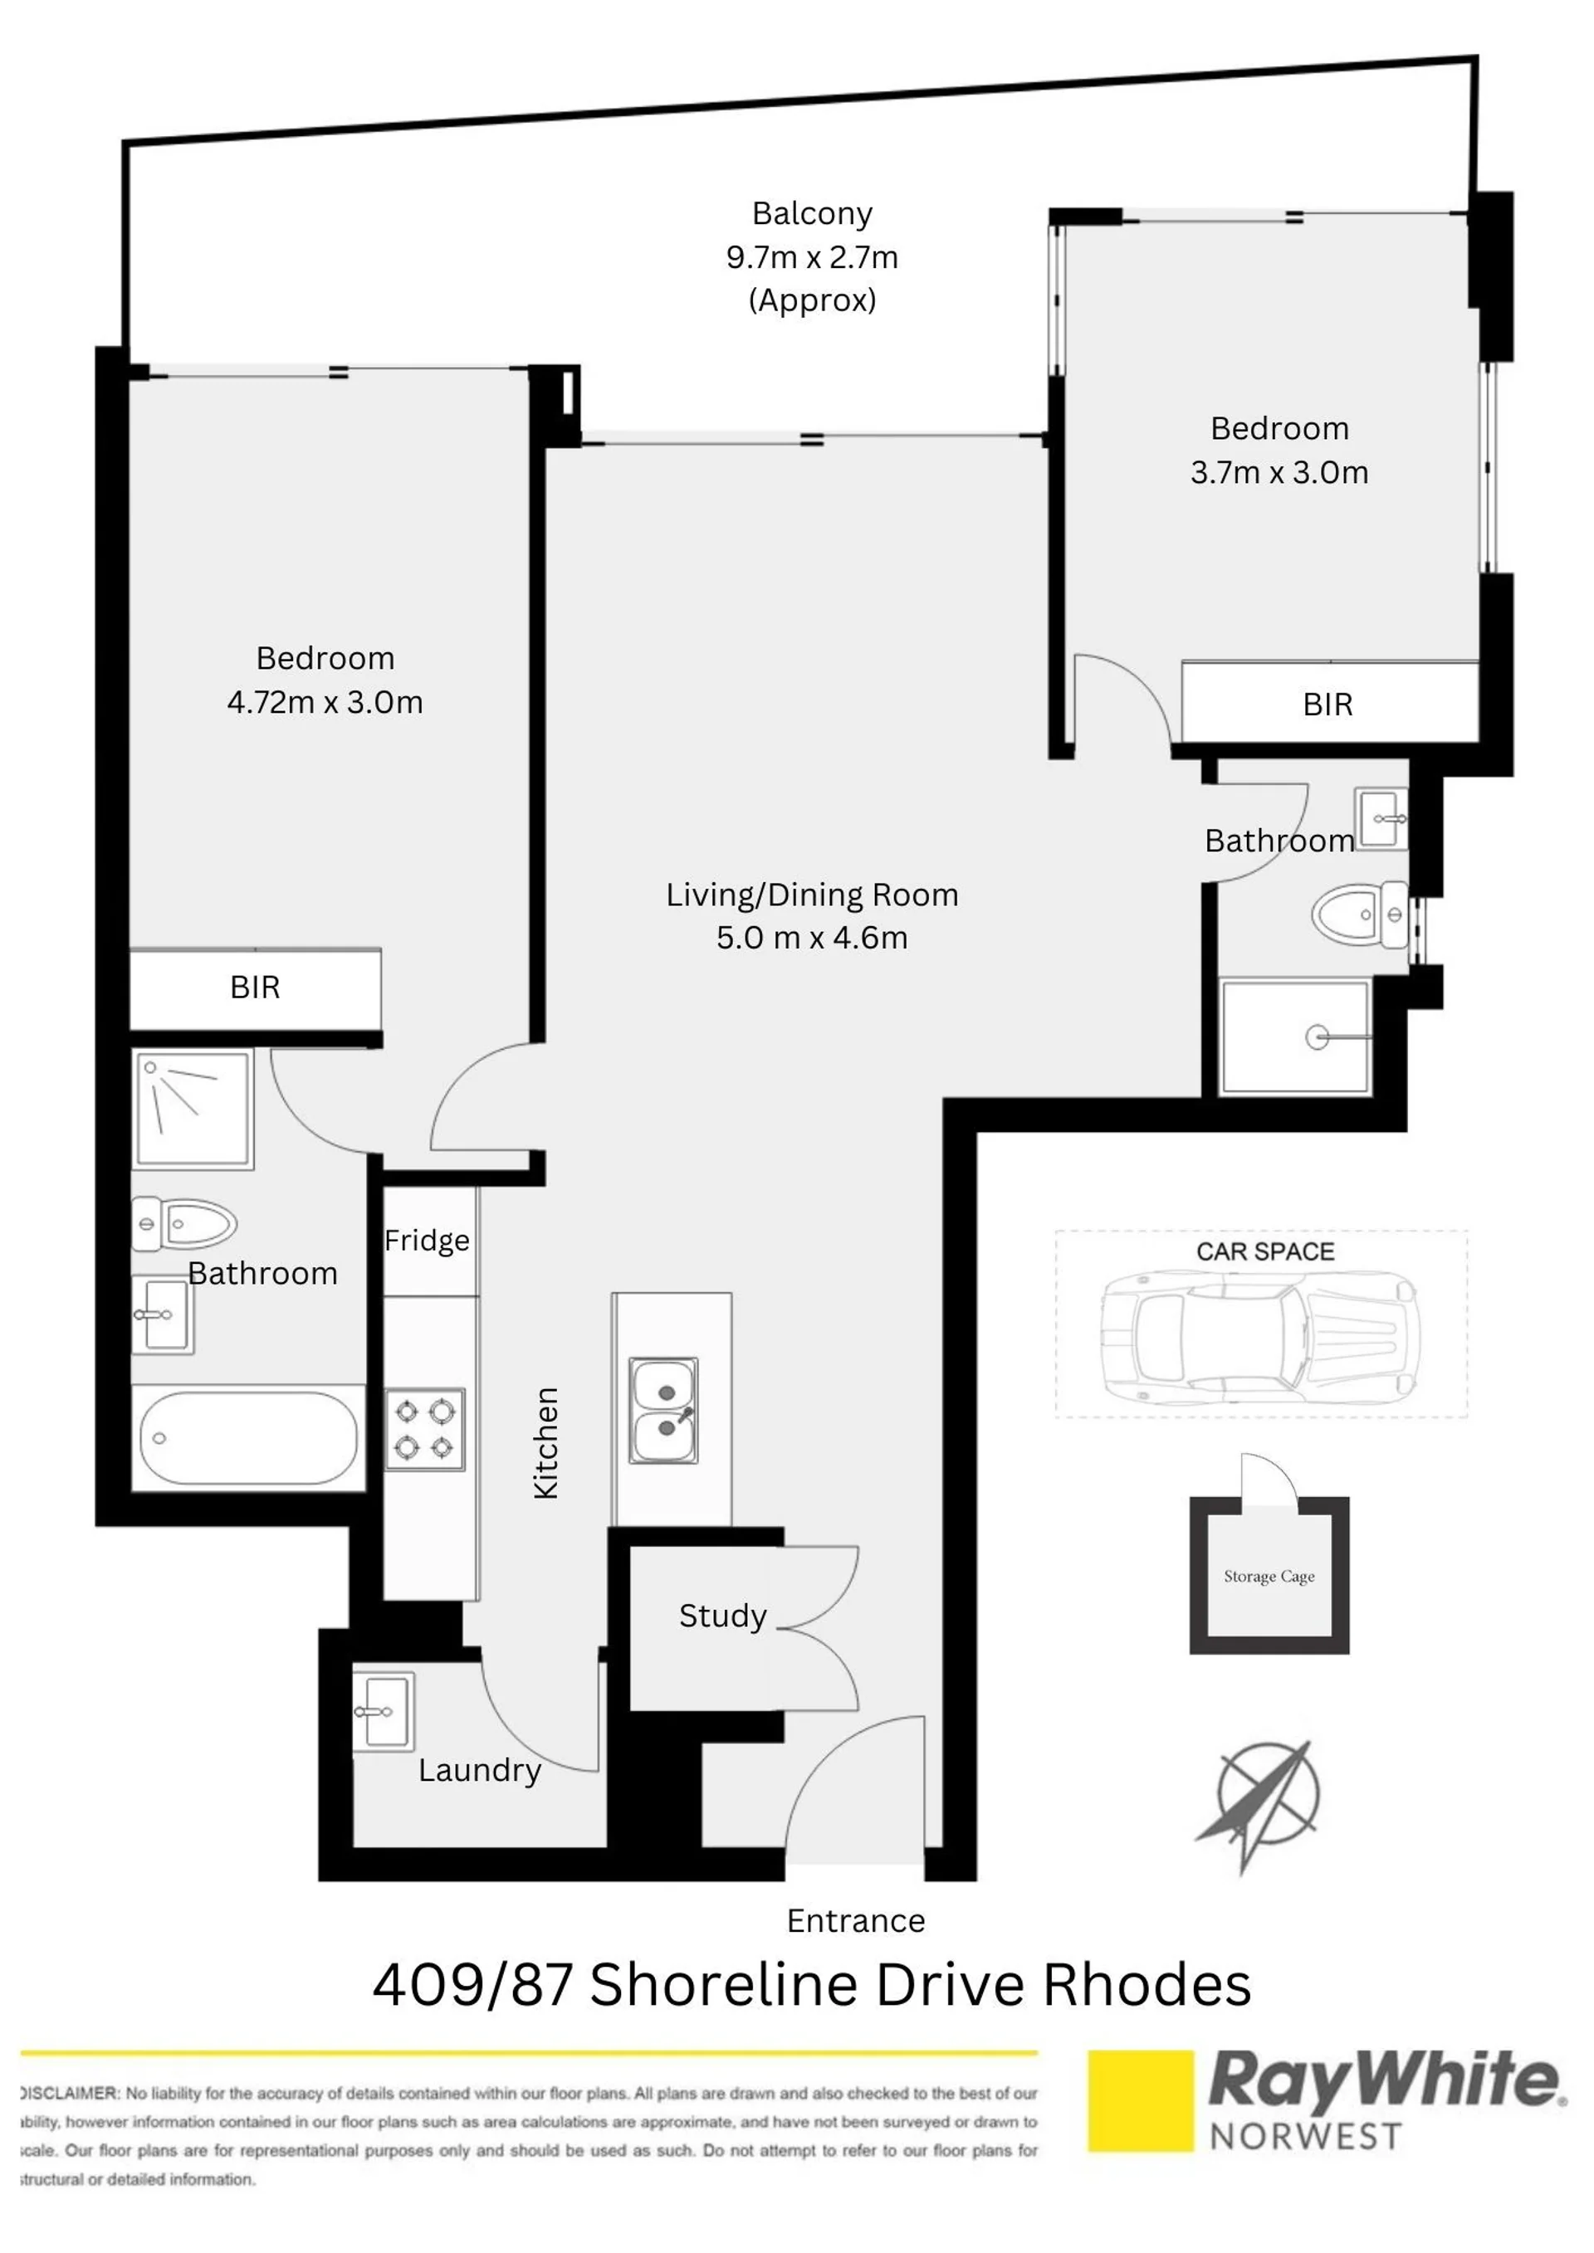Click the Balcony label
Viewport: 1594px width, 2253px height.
point(812,213)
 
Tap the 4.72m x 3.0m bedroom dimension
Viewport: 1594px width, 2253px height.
point(325,701)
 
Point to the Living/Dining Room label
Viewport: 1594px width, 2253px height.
point(812,894)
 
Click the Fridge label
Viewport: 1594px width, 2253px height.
point(427,1241)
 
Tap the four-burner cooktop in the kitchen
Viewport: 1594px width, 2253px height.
point(425,1430)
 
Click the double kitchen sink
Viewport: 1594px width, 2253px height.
point(663,1410)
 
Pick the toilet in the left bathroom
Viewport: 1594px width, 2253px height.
point(184,1224)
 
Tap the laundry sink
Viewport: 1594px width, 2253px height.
point(384,1712)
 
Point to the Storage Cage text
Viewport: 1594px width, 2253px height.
point(1269,1577)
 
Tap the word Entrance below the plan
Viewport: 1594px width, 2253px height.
point(856,1920)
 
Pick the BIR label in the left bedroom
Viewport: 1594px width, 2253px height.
point(255,988)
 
